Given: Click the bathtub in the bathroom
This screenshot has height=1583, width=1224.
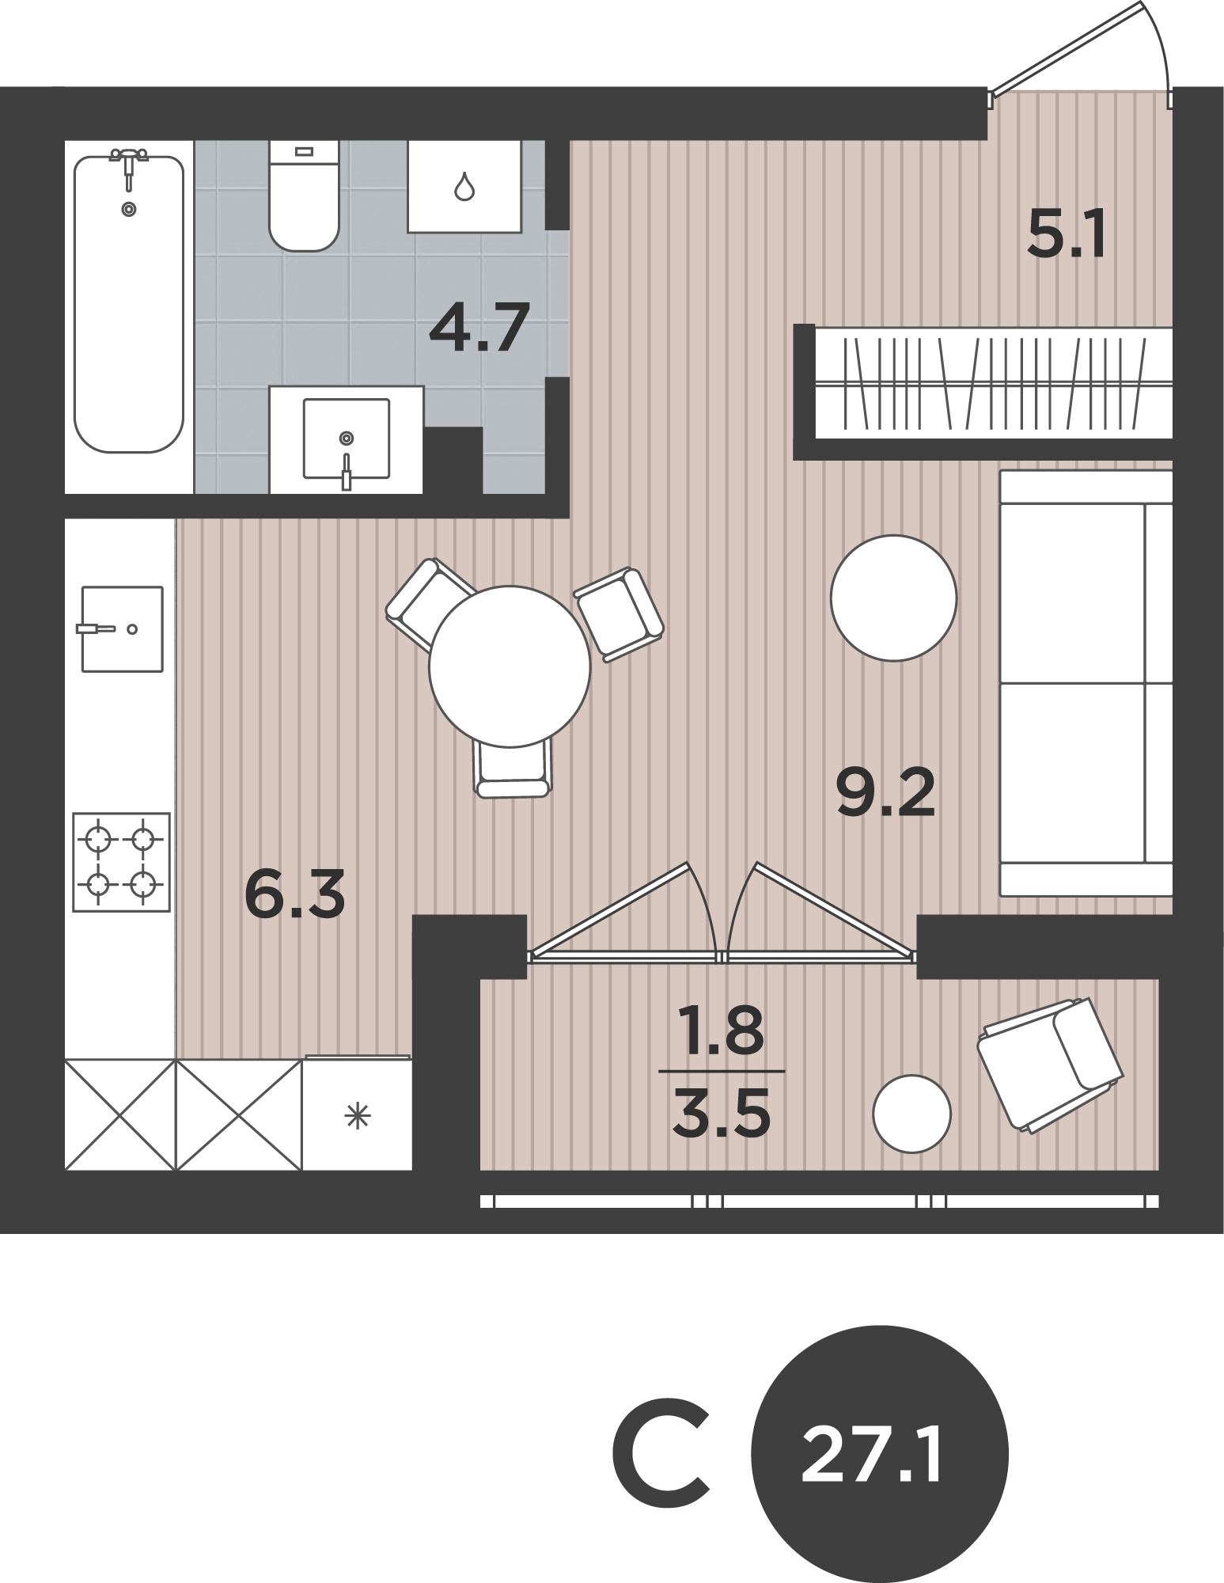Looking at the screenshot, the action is [129, 304].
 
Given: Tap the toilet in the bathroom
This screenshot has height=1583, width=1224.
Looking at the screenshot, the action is [305, 195].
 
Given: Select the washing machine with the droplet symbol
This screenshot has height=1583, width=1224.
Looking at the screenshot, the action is [464, 186].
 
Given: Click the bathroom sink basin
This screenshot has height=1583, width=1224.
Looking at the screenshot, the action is [347, 439].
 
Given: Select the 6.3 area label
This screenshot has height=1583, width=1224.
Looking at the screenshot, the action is [295, 894].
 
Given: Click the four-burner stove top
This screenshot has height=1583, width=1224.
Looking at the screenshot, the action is [121, 862].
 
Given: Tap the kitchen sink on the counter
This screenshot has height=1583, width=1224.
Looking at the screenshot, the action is [123, 629].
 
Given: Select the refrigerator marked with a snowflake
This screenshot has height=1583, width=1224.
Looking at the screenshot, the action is [358, 1113].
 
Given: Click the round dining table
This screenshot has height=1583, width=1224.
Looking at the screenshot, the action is [510, 666].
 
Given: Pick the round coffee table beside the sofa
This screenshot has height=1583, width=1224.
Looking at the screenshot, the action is [893, 598].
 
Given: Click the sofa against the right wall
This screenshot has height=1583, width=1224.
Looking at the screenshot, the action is [1086, 683].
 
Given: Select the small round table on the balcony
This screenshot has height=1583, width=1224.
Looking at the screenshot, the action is [911, 1114].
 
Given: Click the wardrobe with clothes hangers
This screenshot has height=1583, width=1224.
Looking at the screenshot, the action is [994, 383].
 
